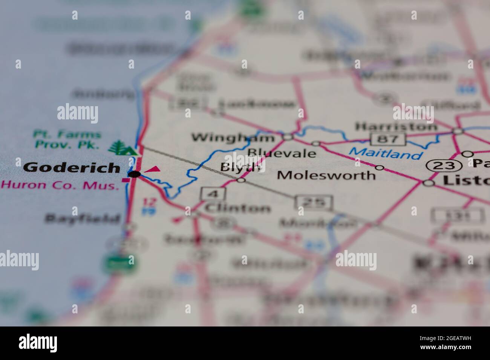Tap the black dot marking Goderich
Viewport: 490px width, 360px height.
tap(135, 174)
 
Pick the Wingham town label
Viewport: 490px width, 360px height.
tap(233, 138)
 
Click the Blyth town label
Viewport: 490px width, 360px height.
tap(240, 168)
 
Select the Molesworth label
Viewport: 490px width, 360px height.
tap(326, 175)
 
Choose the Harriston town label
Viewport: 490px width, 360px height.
tap(396, 126)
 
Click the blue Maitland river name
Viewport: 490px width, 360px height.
tap(385, 153)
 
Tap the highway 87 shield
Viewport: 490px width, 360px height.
tap(388, 139)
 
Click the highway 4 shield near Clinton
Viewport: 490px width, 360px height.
tap(213, 194)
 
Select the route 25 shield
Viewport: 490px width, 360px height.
tap(314, 203)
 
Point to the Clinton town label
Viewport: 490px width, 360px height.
tap(237, 208)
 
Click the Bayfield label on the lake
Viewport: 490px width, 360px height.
tap(83, 218)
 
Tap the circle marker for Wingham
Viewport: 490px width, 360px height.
tap(288, 137)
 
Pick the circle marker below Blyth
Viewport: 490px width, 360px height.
tap(241, 180)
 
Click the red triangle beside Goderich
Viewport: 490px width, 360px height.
tap(153, 169)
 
